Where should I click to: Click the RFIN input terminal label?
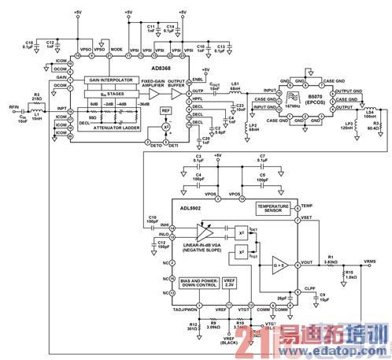[13, 105]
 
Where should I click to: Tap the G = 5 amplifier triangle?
[279, 263]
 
